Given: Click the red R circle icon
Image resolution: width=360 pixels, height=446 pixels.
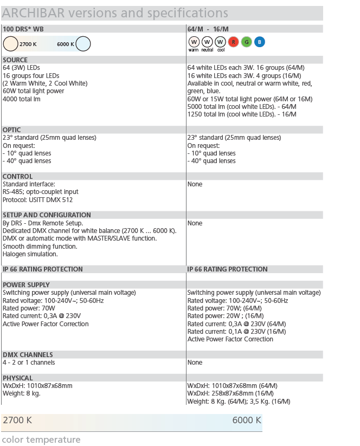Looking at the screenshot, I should click(x=234, y=42).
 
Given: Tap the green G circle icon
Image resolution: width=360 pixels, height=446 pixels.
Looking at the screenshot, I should click(x=247, y=42).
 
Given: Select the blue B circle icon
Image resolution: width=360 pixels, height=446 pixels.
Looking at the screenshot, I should click(x=260, y=42).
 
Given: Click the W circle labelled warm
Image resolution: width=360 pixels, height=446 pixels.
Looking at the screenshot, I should click(x=194, y=42).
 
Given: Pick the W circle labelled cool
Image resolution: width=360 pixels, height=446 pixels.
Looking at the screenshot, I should click(x=220, y=42).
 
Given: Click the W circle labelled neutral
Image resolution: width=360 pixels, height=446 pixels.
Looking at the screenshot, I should click(x=207, y=42).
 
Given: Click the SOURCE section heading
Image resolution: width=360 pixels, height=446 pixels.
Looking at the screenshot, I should click(x=15, y=60).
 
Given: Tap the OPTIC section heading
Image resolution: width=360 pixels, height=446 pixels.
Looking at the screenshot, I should click(x=12, y=130).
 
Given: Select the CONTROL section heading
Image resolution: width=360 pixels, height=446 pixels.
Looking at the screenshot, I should click(x=17, y=177).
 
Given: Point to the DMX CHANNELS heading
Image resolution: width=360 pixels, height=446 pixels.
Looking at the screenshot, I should click(x=28, y=355).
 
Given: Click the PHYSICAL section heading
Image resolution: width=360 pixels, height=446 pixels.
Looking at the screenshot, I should click(x=18, y=378).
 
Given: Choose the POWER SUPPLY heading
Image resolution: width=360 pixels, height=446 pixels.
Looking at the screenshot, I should click(x=26, y=285).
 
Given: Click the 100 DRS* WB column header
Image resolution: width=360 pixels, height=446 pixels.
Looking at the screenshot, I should click(x=23, y=29).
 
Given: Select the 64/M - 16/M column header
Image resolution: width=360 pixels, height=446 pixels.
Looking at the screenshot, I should click(x=208, y=29).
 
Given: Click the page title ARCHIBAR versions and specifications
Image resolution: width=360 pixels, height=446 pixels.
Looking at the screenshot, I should click(x=115, y=13).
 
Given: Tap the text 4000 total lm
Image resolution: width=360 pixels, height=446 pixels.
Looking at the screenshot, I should click(x=22, y=99).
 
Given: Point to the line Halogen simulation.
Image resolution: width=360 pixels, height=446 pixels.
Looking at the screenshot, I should click(x=30, y=254).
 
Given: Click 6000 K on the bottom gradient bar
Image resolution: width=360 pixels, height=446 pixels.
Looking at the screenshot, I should click(x=247, y=420).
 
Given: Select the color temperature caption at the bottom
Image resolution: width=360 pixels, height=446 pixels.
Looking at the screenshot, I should click(x=41, y=439).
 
